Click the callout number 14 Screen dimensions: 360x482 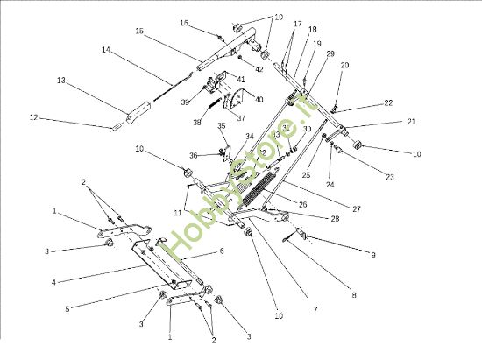pos(106,51)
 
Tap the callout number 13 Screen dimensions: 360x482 pos(61,80)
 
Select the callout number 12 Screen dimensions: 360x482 pos(34,116)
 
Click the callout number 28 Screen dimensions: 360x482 pos(310,217)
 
